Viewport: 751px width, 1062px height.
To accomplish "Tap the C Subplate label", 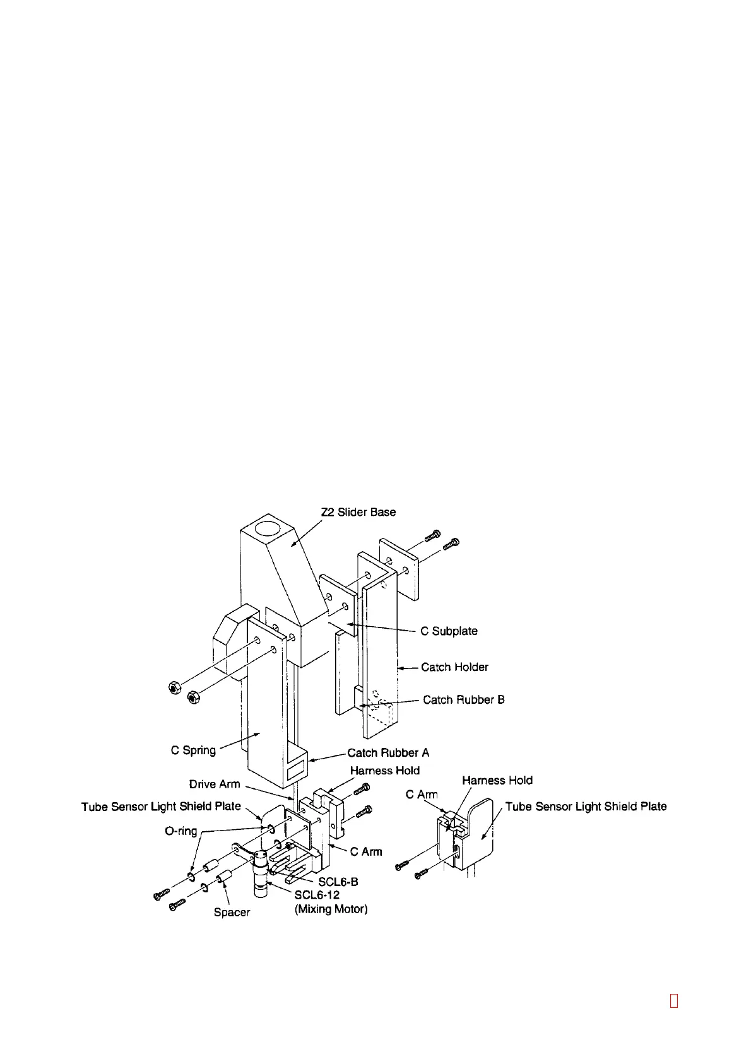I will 449,631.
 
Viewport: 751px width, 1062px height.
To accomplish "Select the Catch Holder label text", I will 454,667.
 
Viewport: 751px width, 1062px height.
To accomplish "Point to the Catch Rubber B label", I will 463,700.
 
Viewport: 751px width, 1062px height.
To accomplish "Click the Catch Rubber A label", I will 388,753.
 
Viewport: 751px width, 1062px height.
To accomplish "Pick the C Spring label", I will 193,750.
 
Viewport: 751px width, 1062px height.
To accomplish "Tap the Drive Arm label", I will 215,785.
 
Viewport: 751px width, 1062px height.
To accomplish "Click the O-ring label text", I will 181,831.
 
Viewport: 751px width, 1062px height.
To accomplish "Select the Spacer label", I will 232,913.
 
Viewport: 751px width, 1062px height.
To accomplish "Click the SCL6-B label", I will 338,882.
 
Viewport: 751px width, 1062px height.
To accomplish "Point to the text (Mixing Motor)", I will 331,909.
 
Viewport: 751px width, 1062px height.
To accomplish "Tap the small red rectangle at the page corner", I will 673,1001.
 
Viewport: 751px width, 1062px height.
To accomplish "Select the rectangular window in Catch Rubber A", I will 295,771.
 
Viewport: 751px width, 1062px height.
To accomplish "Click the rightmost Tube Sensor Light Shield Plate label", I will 586,807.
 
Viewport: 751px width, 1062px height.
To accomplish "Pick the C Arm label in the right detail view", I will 422,795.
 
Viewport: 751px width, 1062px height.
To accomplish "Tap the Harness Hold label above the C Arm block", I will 384,771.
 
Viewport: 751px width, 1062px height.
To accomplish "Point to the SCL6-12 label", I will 317,895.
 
